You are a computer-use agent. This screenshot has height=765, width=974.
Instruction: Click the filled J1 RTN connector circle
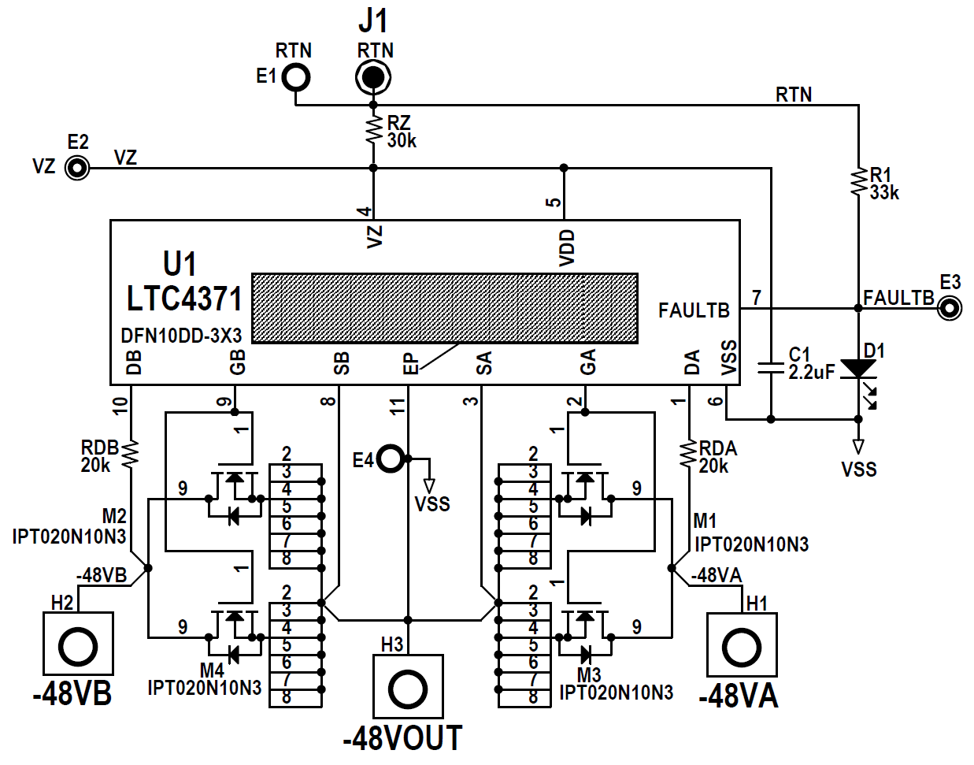[373, 77]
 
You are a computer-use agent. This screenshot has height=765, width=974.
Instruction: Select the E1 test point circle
[297, 77]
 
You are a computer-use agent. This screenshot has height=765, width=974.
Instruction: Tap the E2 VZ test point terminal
[76, 168]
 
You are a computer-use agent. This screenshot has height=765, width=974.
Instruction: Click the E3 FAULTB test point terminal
[950, 308]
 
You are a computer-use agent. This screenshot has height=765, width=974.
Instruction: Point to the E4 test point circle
[391, 458]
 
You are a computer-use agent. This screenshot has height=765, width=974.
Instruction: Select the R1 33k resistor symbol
[858, 182]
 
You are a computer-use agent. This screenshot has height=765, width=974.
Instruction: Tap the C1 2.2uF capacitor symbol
[771, 367]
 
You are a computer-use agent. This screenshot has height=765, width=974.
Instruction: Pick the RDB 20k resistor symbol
[131, 454]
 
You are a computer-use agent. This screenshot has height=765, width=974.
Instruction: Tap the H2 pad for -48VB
[77, 647]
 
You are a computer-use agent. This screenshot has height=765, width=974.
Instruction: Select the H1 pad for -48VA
[741, 647]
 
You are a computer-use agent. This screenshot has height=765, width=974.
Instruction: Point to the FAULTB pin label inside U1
[694, 310]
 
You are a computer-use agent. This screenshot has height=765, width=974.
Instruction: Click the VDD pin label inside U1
[567, 247]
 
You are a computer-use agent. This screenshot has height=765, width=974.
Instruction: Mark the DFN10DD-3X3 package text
[181, 336]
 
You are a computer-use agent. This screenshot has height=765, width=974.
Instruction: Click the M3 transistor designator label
[588, 675]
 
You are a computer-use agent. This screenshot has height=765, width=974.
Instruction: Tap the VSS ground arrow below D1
[858, 447]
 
